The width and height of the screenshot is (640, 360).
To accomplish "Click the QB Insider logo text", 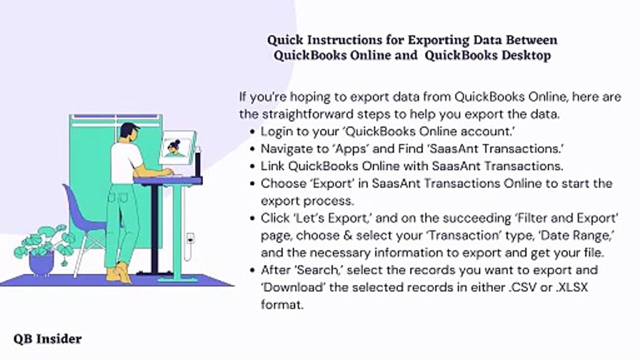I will (x=47, y=339).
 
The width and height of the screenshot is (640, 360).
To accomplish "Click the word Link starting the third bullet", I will (x=273, y=165).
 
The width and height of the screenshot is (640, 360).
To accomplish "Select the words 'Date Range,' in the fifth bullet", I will (x=577, y=235).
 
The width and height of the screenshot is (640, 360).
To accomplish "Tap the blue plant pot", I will (x=41, y=262).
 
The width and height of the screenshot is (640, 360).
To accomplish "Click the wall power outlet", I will (x=190, y=239).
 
